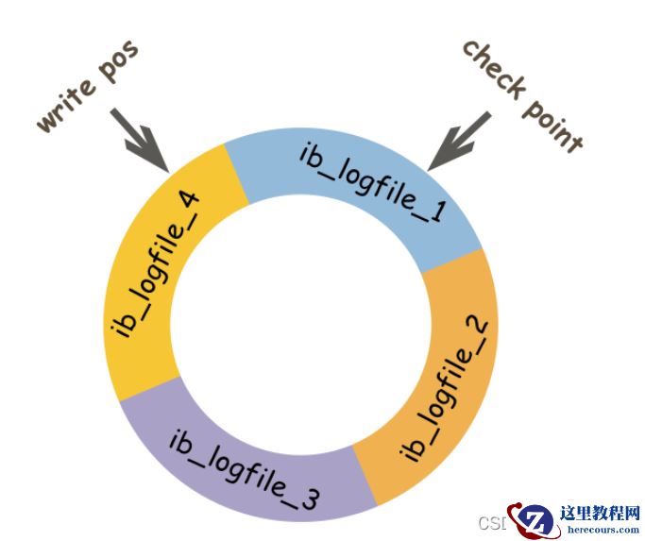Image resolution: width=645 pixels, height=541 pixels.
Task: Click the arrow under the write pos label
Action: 143,142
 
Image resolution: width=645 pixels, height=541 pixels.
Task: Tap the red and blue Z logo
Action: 531,520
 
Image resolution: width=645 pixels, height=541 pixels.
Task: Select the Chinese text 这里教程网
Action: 599,514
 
